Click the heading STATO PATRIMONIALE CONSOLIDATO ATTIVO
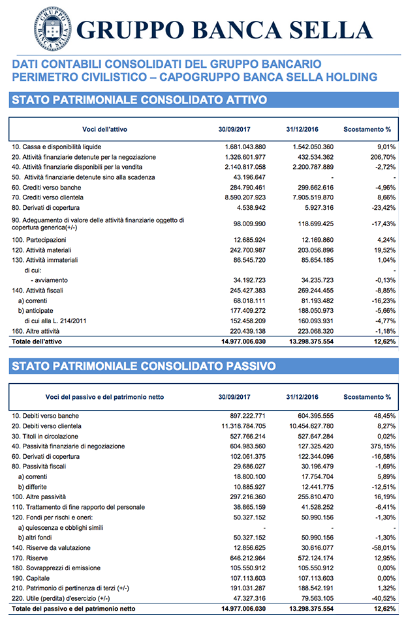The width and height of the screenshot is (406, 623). (x=139, y=100)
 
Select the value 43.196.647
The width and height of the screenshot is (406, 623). (x=248, y=177)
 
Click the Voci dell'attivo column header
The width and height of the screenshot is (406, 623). (x=106, y=129)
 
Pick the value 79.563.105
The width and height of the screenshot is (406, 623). (x=315, y=598)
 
